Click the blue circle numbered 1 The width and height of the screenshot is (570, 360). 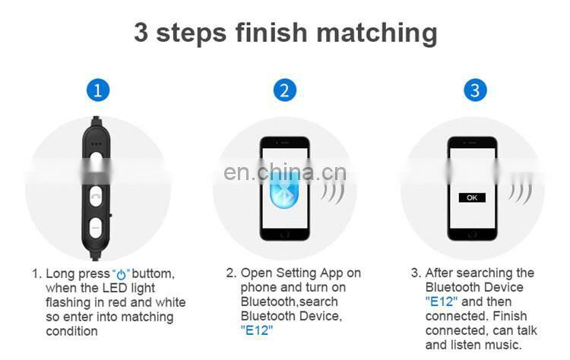coord(97,90)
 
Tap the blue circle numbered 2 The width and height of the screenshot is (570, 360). coord(284,90)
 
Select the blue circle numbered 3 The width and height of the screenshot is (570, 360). coord(475,90)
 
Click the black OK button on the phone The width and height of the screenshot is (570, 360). coord(472,197)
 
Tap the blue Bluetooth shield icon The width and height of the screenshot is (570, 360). coord(285,190)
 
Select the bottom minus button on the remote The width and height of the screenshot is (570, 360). coord(97,226)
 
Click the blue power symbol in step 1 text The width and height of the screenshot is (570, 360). coord(122,273)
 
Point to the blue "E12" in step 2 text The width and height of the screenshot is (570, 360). coord(256,330)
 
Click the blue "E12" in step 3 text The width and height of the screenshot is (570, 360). coord(441,302)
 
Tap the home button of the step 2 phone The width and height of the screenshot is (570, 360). coord(285,232)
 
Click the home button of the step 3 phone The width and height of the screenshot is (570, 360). coord(472,232)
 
